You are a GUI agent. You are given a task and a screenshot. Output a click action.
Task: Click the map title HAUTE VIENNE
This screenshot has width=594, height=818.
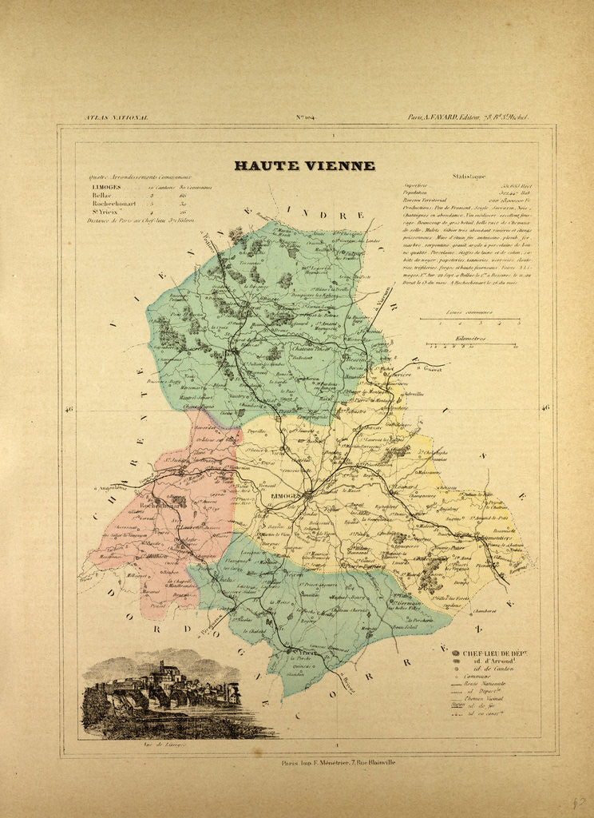[x=303, y=166]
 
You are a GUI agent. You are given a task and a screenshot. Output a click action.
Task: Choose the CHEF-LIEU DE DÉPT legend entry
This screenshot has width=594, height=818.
[x=495, y=653]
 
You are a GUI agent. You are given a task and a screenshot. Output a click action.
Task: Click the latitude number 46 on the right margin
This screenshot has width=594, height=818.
[x=545, y=408]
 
